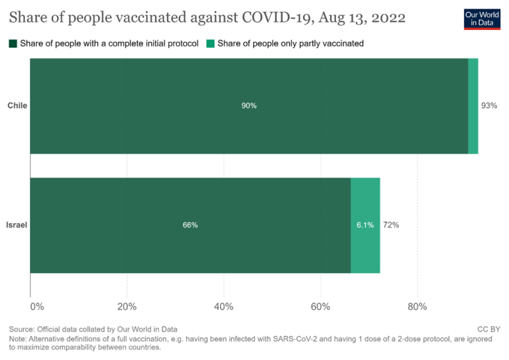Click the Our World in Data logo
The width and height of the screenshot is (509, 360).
tap(481, 19)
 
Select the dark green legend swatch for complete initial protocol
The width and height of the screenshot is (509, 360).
tap(13, 44)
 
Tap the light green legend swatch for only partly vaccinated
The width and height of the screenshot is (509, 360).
tap(211, 44)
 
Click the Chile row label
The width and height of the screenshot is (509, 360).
tap(17, 105)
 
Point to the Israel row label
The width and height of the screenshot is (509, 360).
tap(17, 225)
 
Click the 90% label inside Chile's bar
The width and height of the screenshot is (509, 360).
tap(249, 105)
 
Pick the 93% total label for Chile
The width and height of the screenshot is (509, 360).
tap(489, 105)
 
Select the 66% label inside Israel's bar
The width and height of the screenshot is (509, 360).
tap(190, 225)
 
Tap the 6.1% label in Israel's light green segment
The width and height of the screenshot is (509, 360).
tap(365, 225)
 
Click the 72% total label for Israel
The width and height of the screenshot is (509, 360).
tap(391, 225)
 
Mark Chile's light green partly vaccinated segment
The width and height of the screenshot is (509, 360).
tap(473, 105)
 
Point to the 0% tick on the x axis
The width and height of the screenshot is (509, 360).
tap(37, 306)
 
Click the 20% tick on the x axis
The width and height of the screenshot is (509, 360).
tap(127, 306)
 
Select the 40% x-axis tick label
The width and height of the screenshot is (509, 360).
tap(223, 306)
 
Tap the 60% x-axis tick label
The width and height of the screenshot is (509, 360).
tap(320, 306)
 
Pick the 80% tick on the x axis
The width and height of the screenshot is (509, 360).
tap(417, 306)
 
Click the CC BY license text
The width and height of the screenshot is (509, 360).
tap(488, 329)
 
